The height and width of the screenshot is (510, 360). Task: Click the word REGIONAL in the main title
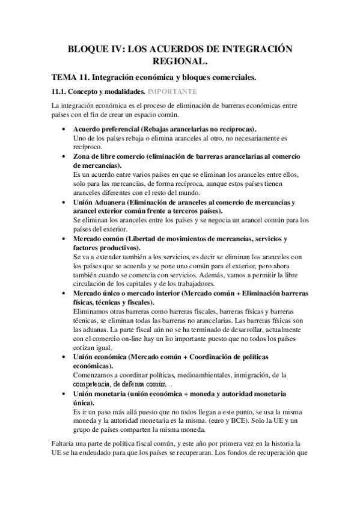[x=180, y=61]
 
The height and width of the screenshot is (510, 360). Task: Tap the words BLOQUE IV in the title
[x=91, y=48]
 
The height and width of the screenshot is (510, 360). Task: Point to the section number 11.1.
[x=59, y=92]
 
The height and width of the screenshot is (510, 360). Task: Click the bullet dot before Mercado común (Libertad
[x=65, y=238]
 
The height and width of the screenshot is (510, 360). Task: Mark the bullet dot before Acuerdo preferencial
[x=65, y=129]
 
